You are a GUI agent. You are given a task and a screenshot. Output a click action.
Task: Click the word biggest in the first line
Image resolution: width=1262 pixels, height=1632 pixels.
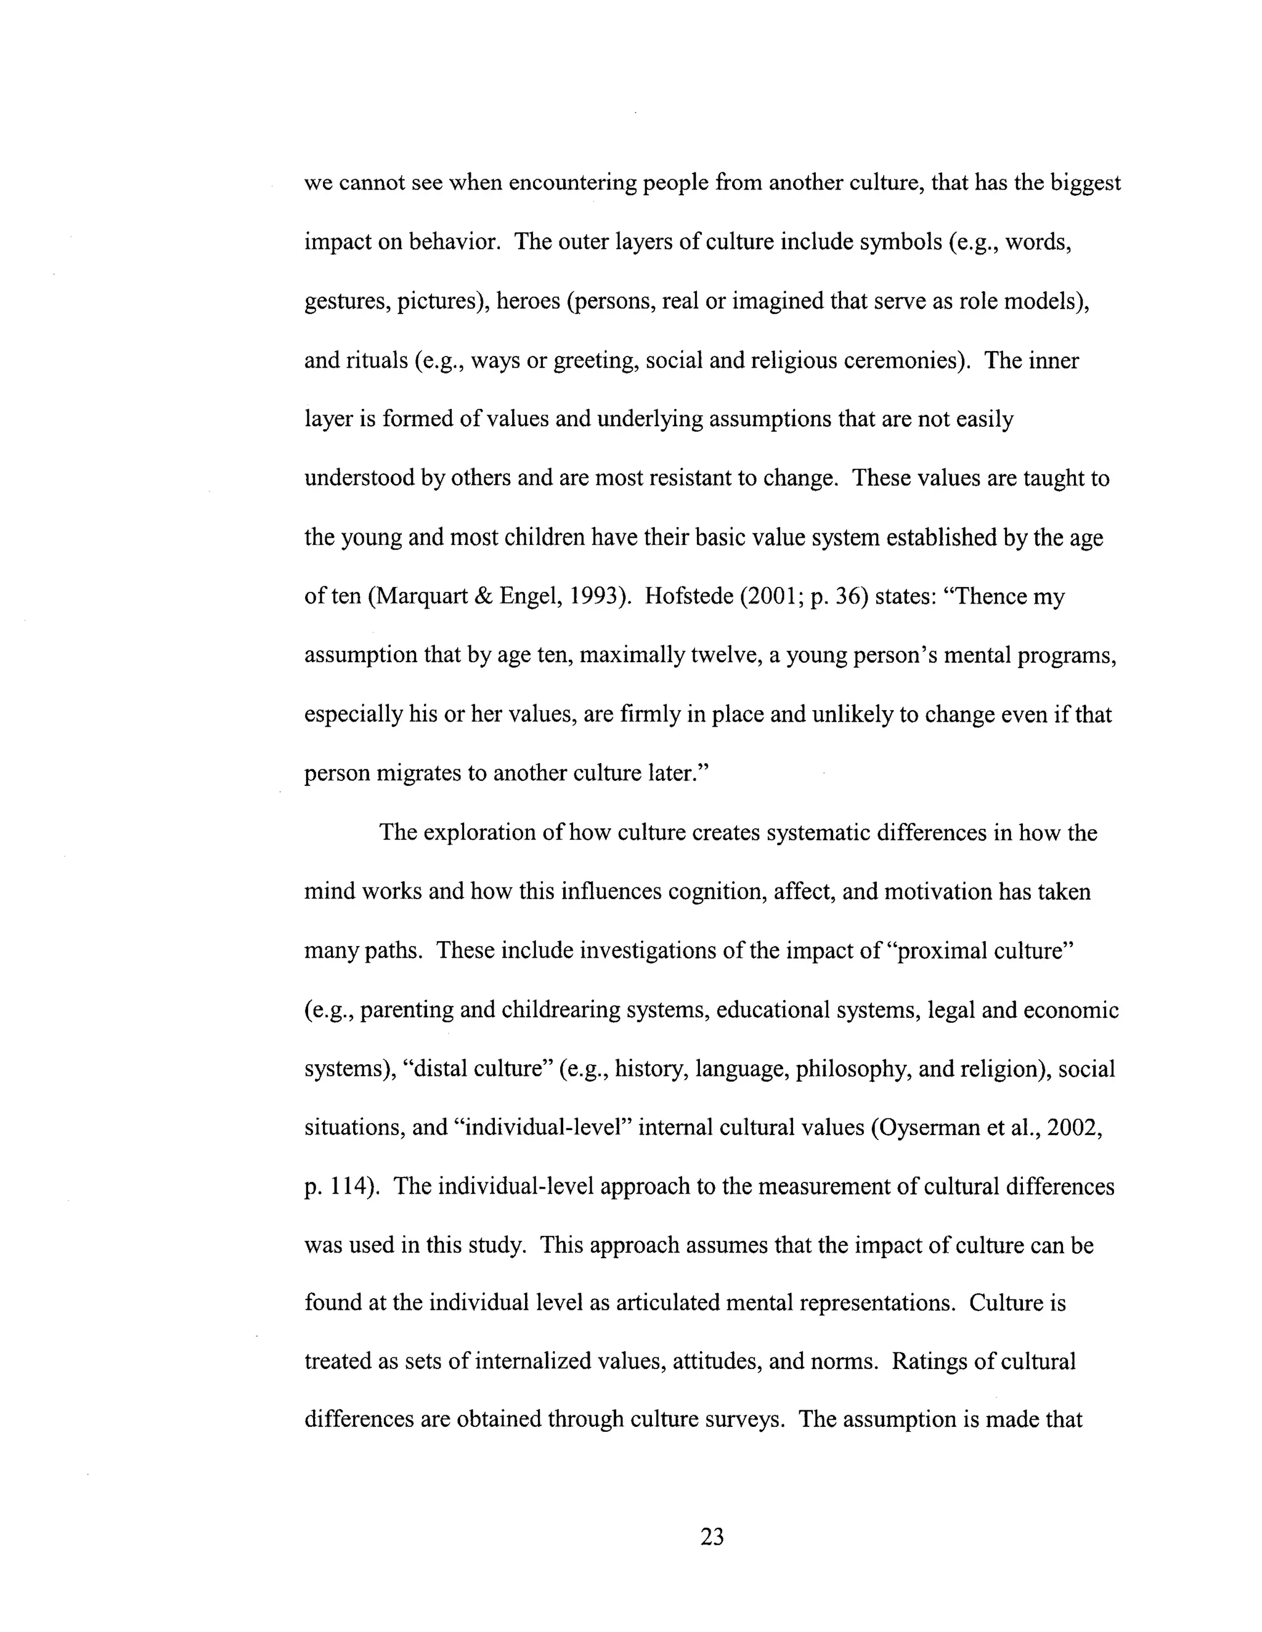coord(1086,184)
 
